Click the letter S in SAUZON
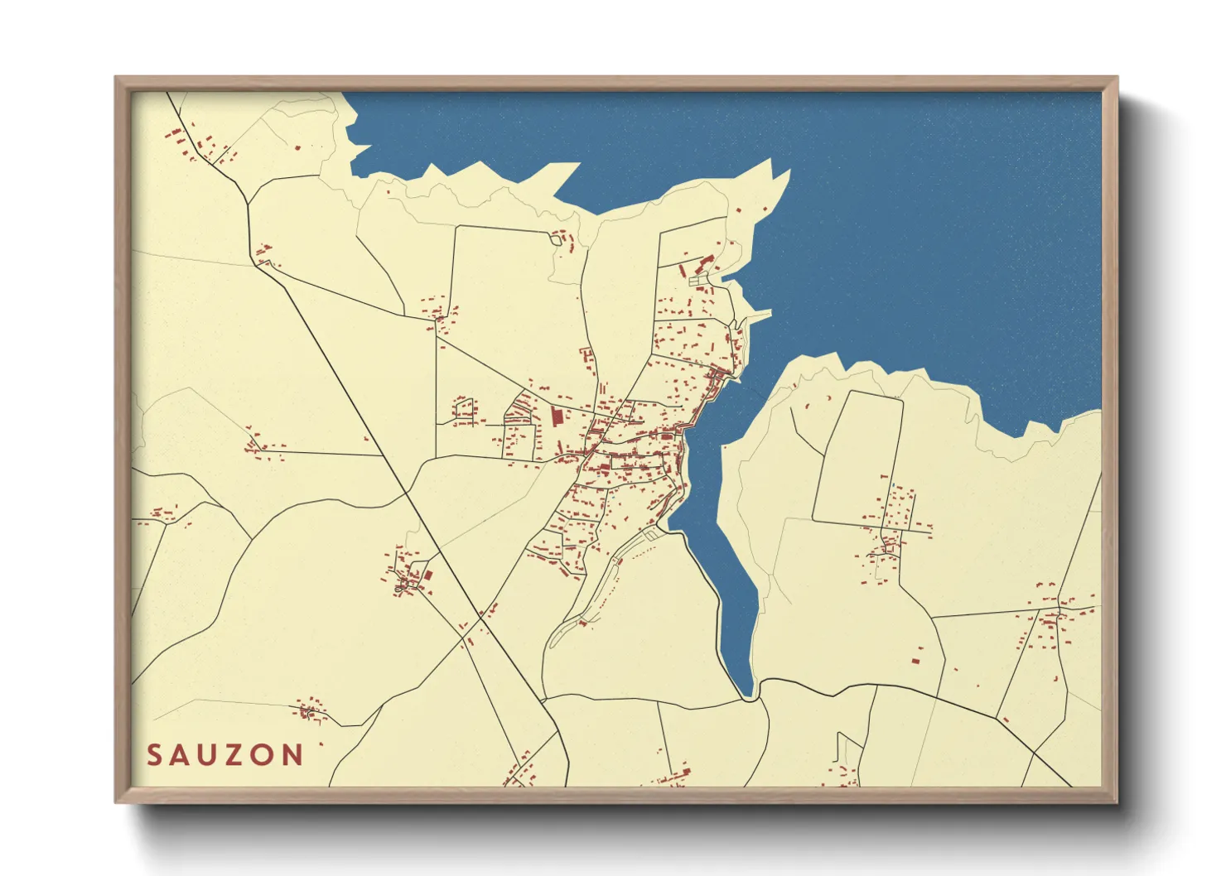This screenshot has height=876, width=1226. tap(154, 755)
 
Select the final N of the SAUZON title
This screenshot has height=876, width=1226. tap(292, 755)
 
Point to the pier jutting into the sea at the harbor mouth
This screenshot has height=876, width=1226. tap(758, 315)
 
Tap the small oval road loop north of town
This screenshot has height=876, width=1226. tap(555, 239)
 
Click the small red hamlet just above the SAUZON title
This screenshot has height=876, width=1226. tap(310, 710)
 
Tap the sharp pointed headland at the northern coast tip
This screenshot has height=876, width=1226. tap(787, 171)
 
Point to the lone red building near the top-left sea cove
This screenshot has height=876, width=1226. tap(297, 147)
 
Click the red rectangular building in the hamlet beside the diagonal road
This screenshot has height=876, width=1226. tap(428, 575)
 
